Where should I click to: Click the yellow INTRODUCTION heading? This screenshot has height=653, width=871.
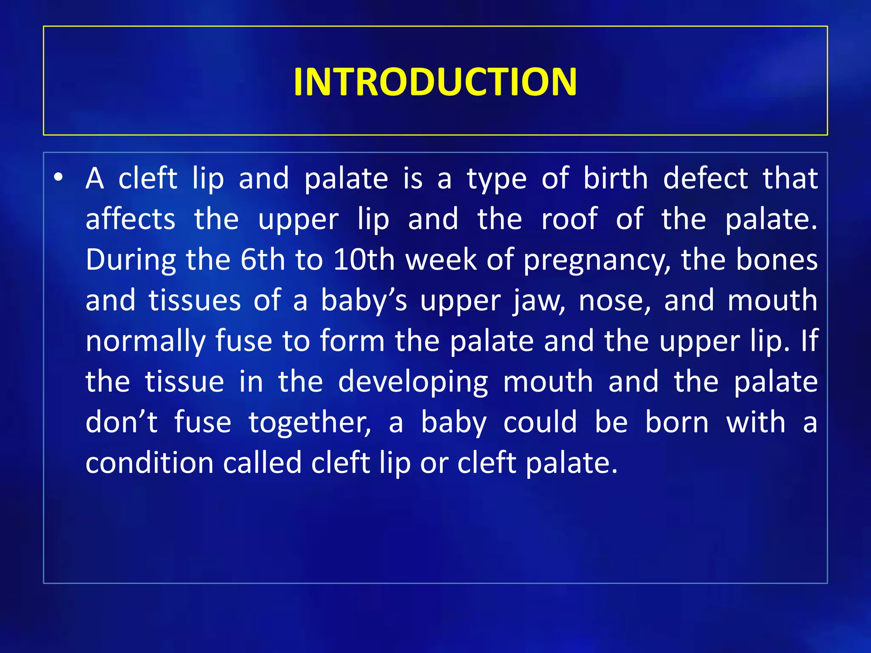[x=435, y=82]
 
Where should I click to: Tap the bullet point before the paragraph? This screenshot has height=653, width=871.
[x=58, y=177]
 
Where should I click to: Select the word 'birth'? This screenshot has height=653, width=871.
[x=615, y=178]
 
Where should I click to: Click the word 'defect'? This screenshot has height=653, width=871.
[x=705, y=178]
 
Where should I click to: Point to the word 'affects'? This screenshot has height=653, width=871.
[x=130, y=219]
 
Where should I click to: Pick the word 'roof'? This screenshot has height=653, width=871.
[x=569, y=219]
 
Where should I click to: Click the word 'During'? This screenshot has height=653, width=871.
[x=131, y=260]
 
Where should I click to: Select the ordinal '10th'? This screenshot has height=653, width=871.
[x=364, y=260]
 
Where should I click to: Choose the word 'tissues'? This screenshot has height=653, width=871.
[x=195, y=301]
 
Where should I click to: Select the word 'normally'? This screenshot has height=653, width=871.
[x=145, y=341]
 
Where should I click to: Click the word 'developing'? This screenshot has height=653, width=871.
[x=413, y=382]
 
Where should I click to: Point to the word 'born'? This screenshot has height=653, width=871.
[x=677, y=423]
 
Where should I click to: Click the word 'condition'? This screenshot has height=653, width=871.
[x=149, y=463]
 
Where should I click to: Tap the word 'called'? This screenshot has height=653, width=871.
[x=262, y=463]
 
